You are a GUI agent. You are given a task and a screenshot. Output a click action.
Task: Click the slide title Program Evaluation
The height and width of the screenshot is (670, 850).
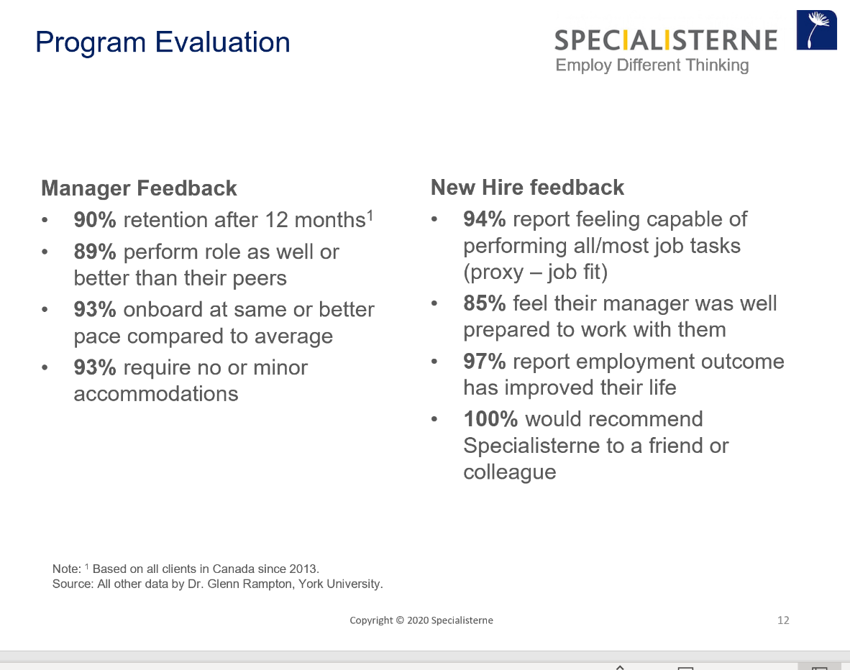(163, 42)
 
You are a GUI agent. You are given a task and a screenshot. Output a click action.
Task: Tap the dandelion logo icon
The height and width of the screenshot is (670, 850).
(816, 29)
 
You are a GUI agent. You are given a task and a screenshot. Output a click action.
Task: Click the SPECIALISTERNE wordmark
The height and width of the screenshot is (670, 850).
(666, 41)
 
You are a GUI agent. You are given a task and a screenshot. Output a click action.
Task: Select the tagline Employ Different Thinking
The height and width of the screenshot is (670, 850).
(652, 65)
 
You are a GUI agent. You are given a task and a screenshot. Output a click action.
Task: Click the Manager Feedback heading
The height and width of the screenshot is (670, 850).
(139, 188)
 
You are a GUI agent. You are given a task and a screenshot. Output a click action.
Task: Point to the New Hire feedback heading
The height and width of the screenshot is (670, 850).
(527, 188)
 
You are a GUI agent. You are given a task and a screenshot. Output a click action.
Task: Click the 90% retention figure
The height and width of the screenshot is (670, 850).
(95, 220)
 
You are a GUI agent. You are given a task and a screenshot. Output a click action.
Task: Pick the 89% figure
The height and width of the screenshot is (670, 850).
(95, 252)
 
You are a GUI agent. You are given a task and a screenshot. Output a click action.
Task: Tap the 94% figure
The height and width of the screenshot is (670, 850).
(485, 219)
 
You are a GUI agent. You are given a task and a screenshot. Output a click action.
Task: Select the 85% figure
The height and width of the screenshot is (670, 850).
(485, 303)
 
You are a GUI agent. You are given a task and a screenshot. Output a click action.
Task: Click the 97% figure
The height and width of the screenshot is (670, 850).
(485, 362)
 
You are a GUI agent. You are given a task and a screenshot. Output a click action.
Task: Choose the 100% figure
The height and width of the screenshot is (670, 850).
(490, 419)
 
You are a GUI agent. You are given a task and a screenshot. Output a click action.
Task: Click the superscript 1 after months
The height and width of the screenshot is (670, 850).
(370, 216)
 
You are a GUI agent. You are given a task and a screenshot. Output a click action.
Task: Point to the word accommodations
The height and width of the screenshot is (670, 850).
(156, 394)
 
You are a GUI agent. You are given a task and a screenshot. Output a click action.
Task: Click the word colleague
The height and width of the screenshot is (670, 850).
(510, 472)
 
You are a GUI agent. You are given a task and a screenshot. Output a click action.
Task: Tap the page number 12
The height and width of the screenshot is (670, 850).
(783, 620)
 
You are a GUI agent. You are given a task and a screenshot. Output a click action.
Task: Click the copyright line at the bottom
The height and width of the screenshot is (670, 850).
(421, 620)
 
